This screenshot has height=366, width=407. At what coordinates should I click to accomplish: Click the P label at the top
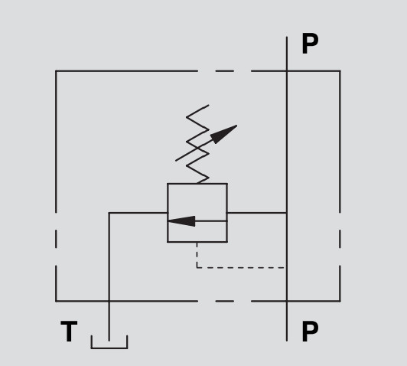coord(310,44)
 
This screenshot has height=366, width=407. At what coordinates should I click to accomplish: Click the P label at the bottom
coord(310,331)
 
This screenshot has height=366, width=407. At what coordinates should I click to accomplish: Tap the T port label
coord(69,331)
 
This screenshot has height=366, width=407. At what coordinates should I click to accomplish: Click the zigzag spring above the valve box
coord(198,144)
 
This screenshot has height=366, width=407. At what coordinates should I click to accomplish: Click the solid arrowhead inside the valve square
coord(181,221)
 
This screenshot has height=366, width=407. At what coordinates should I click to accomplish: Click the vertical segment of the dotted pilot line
coord(197,255)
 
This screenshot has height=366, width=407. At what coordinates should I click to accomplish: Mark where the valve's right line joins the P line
coord(287,213)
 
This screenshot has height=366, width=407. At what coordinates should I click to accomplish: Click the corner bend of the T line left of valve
coord(109,213)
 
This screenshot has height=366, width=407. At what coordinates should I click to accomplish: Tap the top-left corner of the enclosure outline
coord(56,70)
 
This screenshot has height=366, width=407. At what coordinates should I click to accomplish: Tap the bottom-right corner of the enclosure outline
coord(340,301)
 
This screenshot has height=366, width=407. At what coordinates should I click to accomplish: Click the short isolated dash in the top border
coord(225,70)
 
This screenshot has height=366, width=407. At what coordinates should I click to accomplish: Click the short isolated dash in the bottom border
coord(225,301)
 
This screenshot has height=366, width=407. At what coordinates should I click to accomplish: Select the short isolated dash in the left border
coord(56,239)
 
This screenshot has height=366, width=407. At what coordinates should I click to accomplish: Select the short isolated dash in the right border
coord(340,239)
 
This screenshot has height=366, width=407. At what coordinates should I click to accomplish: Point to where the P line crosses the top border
coord(287,70)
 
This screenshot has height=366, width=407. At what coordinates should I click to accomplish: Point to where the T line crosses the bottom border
coord(109,301)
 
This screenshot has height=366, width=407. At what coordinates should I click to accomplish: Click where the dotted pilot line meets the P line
coord(287,267)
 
